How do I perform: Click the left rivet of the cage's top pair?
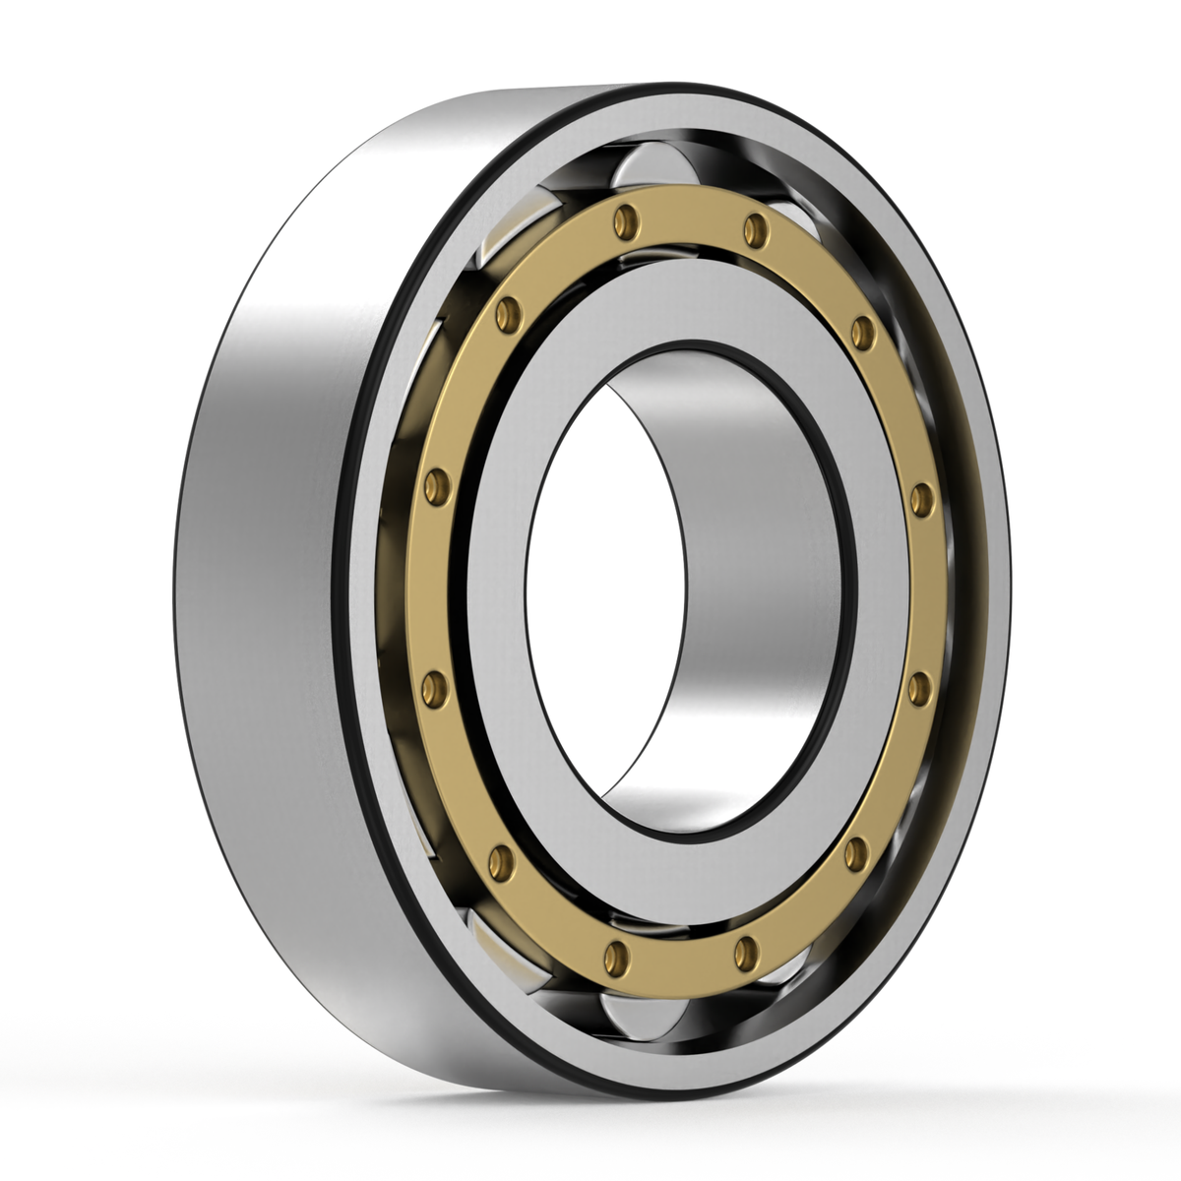tap(621, 221)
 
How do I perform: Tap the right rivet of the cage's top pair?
tap(755, 228)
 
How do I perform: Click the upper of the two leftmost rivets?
tap(435, 485)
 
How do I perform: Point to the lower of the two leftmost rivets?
tap(434, 687)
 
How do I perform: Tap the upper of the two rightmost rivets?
tap(921, 499)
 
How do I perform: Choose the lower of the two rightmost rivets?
tap(919, 688)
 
